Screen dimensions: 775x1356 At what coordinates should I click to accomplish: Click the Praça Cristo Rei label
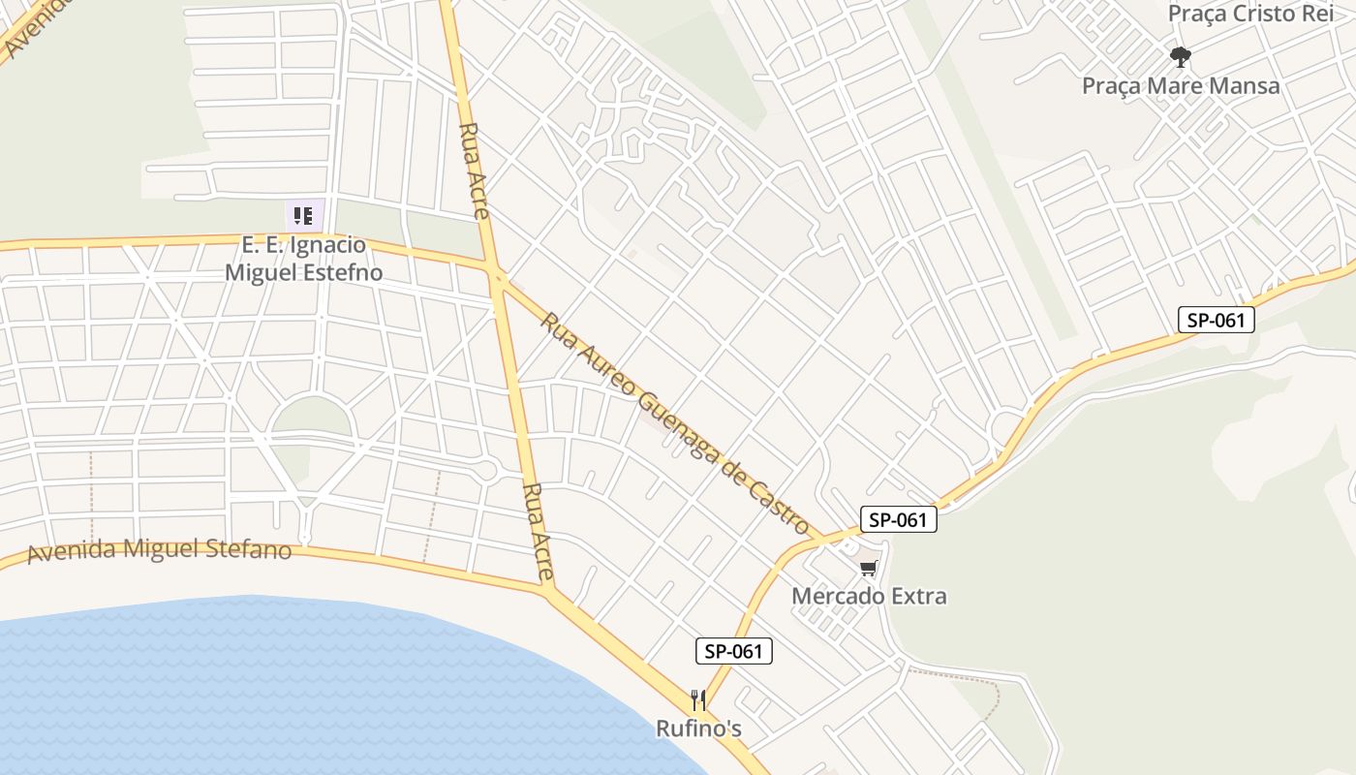1251,14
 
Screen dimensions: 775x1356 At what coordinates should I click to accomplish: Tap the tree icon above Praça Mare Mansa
1180,57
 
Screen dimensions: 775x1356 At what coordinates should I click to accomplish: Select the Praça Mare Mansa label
1180,85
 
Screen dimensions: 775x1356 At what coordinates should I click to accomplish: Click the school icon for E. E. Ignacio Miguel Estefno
303,215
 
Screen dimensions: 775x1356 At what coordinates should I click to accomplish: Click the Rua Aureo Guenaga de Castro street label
675,423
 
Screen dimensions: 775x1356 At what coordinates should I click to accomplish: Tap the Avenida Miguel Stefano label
160,550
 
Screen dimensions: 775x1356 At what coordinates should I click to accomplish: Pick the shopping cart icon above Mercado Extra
868,569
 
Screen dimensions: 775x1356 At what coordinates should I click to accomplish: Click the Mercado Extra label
869,596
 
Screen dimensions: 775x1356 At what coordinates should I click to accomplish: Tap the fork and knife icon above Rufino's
698,699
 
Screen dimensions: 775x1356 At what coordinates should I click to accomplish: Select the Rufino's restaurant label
698,728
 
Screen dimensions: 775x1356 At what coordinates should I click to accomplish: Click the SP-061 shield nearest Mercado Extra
898,519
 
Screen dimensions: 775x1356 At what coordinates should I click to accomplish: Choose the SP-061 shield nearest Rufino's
734,651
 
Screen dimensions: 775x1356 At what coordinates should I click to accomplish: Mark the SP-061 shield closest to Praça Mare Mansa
1216,320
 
